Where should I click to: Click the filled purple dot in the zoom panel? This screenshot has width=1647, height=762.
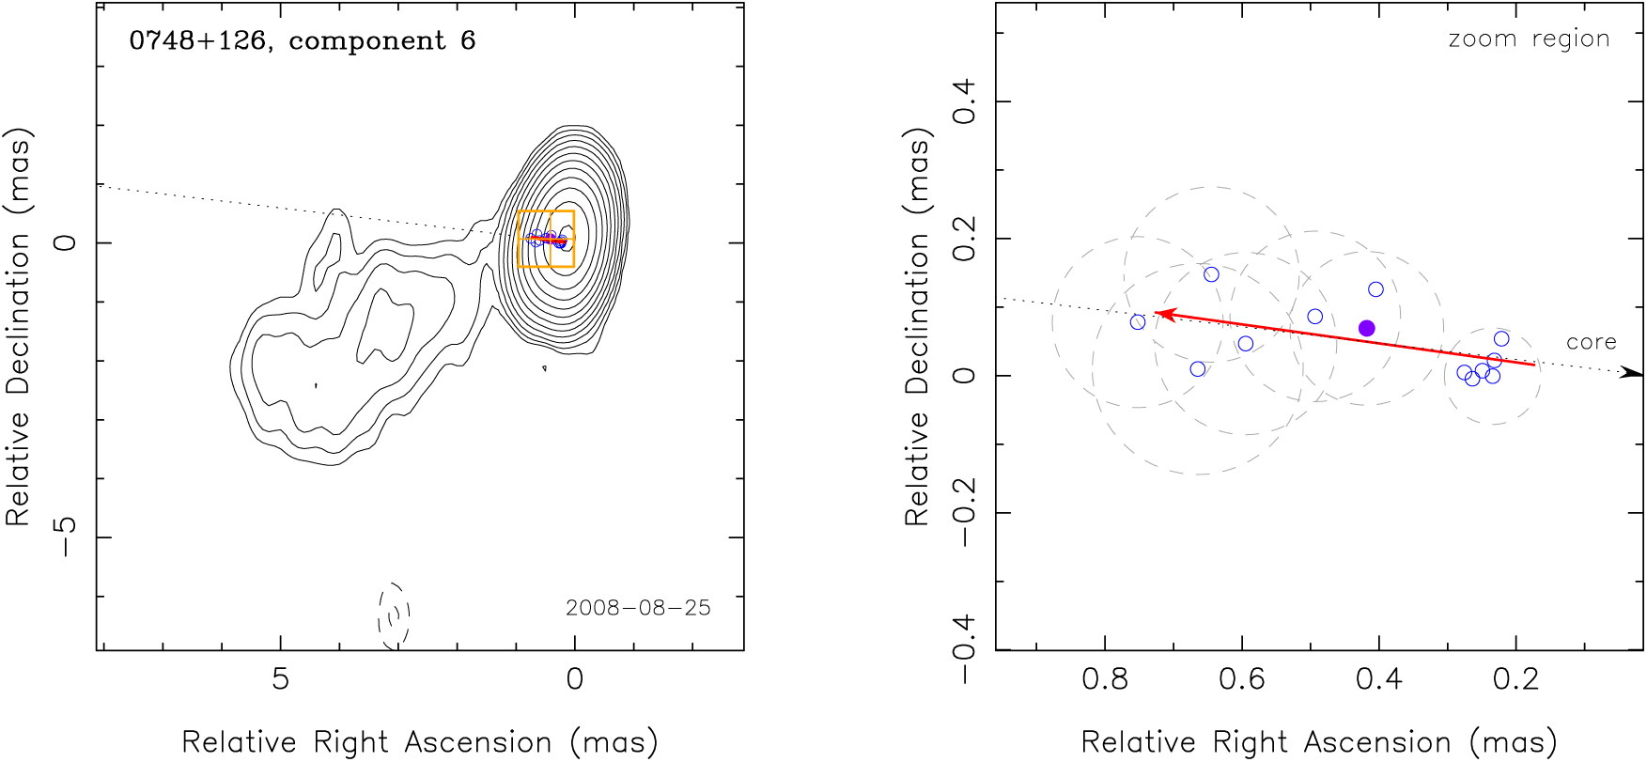(x=1367, y=328)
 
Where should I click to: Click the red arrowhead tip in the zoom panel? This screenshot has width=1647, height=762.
(x=1157, y=313)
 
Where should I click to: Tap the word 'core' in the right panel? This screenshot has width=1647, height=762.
(x=1591, y=343)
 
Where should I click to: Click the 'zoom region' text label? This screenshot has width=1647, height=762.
(x=1529, y=39)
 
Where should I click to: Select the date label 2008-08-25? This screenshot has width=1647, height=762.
(x=638, y=608)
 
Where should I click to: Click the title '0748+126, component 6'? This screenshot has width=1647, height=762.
(x=303, y=41)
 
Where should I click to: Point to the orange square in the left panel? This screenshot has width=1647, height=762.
(x=546, y=239)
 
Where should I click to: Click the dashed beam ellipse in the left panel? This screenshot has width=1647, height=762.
(x=395, y=615)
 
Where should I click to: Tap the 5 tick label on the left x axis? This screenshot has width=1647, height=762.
(x=280, y=678)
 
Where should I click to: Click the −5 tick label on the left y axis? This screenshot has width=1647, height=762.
(x=66, y=537)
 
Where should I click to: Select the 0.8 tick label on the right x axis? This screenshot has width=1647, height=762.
(x=1105, y=678)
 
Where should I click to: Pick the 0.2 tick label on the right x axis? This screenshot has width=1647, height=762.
(x=1516, y=678)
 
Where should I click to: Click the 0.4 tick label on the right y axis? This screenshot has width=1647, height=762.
(x=966, y=101)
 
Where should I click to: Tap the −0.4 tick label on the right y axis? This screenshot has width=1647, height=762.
(x=966, y=650)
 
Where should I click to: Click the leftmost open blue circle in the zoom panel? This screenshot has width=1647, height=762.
(x=1138, y=322)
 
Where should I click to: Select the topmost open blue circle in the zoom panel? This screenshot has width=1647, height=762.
(x=1211, y=274)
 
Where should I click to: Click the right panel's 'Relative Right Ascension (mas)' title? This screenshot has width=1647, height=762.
(x=1319, y=742)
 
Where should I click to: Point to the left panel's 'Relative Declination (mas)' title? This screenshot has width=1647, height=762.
(x=19, y=326)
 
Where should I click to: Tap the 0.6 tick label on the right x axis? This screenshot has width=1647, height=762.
(x=1242, y=678)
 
